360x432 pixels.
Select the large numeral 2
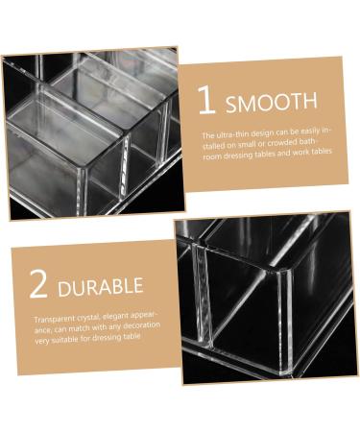pyautogui.click(x=39, y=284)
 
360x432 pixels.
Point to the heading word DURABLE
pyautogui.click(x=100, y=286)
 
